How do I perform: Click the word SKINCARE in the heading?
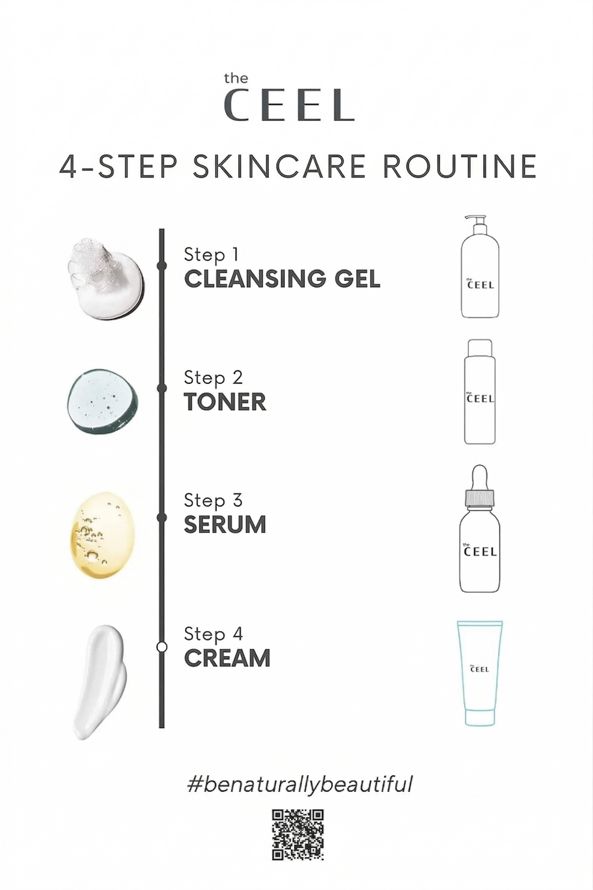[x=278, y=166]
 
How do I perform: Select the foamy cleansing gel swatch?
[x=106, y=280]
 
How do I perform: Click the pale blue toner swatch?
[x=103, y=400]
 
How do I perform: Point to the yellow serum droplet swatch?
[x=103, y=535]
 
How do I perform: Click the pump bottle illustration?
[x=479, y=266]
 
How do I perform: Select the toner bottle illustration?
[x=479, y=391]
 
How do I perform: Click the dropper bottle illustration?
[x=479, y=529]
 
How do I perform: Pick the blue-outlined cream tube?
[x=479, y=673]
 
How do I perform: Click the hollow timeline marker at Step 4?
[x=162, y=647]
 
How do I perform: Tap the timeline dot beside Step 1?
[x=162, y=266]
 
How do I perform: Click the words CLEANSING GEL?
[x=282, y=279]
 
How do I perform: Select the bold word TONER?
[x=225, y=402]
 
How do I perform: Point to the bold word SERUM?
[x=225, y=525]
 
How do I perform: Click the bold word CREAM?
[x=228, y=658]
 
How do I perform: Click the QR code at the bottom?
[x=298, y=835]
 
